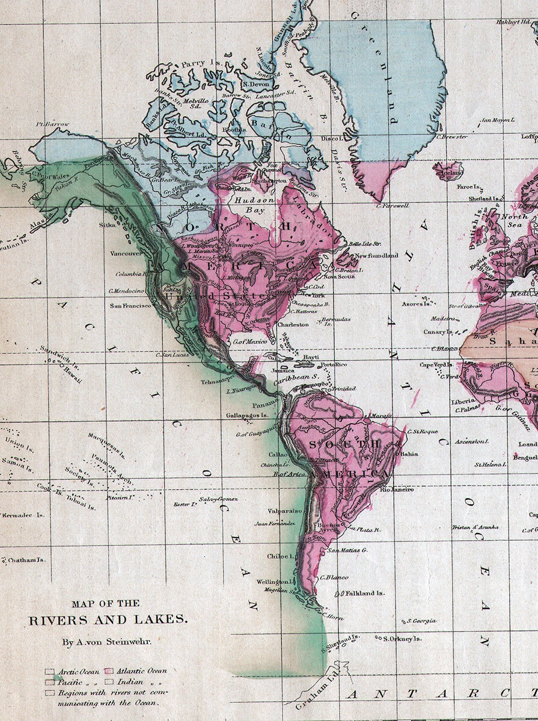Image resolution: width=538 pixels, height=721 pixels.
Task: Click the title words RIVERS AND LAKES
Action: pos(108,620)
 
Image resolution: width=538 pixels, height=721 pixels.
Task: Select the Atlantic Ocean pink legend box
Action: pos(109,671)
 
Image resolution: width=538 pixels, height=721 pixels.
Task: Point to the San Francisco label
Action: pos(130,305)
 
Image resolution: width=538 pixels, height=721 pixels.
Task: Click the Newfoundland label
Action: pos(376,255)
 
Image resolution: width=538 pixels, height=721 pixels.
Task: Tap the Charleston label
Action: pos(293,324)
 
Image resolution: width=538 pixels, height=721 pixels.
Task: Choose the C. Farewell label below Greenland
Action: pos(392,205)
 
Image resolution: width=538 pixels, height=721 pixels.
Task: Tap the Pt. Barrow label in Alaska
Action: pos(53,124)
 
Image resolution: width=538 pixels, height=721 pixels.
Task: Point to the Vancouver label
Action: pos(126,254)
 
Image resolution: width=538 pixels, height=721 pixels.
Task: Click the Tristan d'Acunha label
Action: pos(475,527)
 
